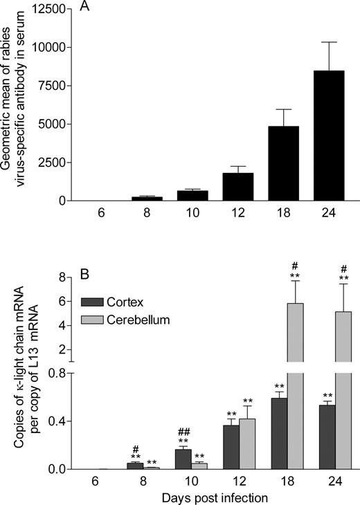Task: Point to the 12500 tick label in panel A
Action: [51, 9]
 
